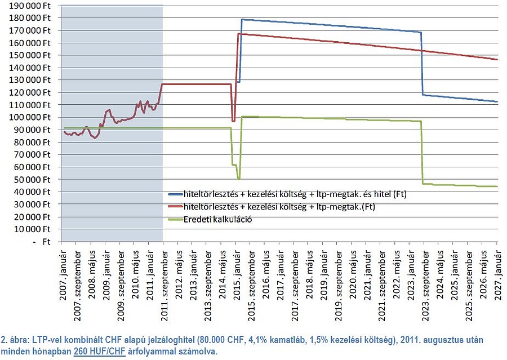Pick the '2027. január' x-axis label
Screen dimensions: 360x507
497,271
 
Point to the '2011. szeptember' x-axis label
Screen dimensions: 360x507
164,278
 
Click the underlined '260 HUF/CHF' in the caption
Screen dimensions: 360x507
106,350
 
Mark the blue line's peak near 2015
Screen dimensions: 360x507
242,20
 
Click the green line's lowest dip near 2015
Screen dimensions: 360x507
239,179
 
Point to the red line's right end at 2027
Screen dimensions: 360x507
496,60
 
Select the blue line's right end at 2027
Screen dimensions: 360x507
496,101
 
